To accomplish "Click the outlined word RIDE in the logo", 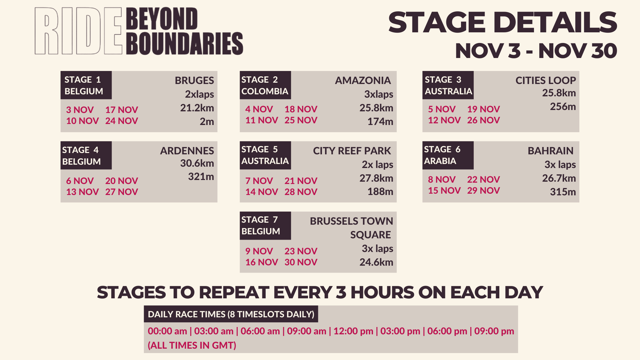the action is tap(78, 31).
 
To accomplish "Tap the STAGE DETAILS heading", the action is tap(503, 22).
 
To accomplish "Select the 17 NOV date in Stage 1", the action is tap(122, 110).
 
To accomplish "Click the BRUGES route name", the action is tap(194, 80).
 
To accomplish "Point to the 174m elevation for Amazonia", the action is tap(380, 121).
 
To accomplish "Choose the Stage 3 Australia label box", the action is tap(448, 85).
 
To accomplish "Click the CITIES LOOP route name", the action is tap(546, 80).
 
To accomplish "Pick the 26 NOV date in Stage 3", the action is tap(483, 120).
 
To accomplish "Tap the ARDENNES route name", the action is tap(187, 151).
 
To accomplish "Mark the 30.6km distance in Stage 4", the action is tap(197, 163).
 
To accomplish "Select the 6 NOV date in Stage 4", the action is tap(80, 181).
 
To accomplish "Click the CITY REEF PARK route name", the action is tap(352, 151).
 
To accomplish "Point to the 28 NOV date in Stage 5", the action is tap(301, 192).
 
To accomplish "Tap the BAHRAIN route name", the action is tap(551, 151).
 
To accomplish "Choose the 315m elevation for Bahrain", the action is tap(563, 192).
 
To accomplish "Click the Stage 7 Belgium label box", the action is tap(265, 226).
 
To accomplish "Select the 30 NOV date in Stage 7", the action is tap(301, 262).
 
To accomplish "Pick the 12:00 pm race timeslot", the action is tap(353, 331).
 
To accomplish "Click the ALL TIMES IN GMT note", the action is tap(192, 345).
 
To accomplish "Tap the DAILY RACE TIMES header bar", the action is tap(231, 314).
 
